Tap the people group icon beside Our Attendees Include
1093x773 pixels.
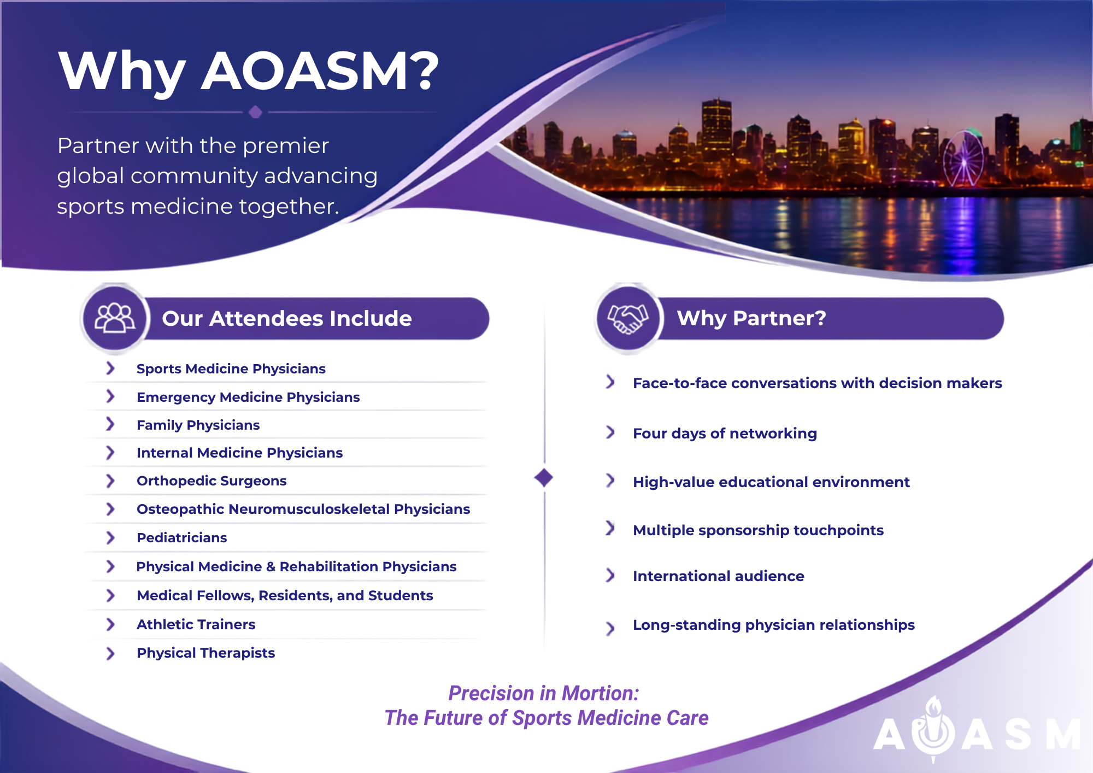tap(115, 318)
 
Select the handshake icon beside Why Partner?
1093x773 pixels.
tap(628, 318)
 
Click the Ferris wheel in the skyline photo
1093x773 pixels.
tap(963, 159)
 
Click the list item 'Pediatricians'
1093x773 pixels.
tap(181, 538)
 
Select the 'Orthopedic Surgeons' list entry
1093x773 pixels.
tap(211, 481)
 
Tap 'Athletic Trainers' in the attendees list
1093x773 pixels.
tap(196, 624)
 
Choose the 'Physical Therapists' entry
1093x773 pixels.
tap(205, 653)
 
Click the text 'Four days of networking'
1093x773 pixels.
tap(725, 434)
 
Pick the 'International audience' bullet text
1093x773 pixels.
tap(718, 576)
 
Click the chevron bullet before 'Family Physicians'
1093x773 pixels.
tap(110, 424)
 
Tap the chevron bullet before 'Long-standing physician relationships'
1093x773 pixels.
tap(610, 628)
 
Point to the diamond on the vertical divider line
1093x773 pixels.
tap(544, 478)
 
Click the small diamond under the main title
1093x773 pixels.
tap(255, 112)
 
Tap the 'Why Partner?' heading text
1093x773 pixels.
tap(751, 318)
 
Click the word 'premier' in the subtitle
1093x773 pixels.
tap(286, 147)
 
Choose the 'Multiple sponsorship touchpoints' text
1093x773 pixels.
tap(758, 530)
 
